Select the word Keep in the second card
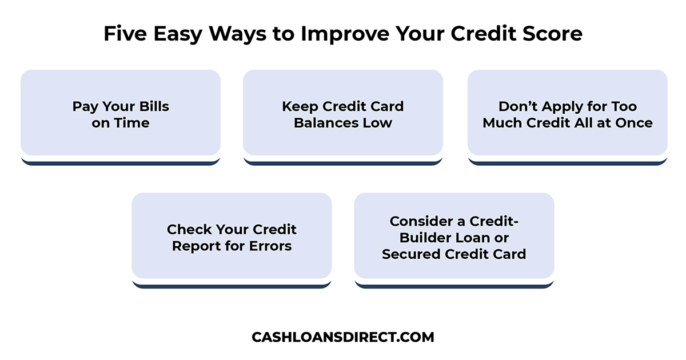301,106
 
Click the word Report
196,246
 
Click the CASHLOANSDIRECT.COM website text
343,337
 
